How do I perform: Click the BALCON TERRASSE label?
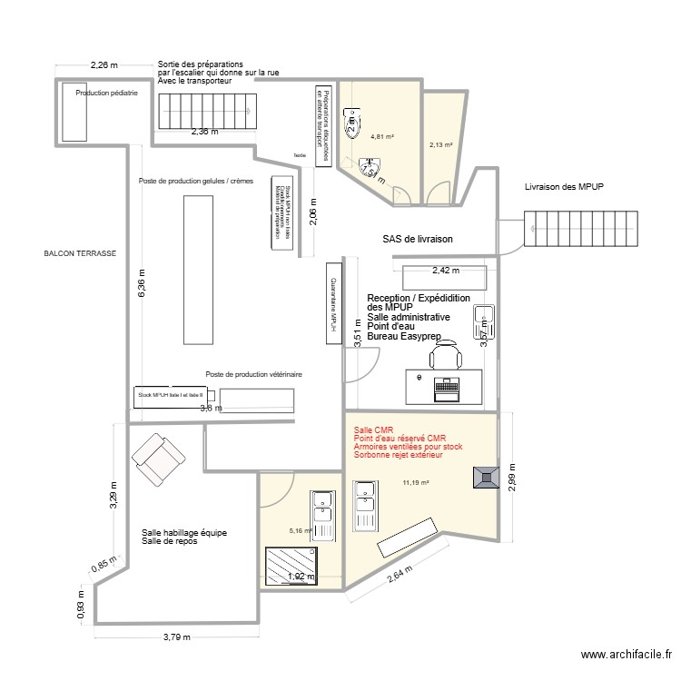coord(80,254)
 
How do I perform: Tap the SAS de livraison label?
coord(418,239)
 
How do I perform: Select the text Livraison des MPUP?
coord(564,187)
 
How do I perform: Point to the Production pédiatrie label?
coord(106,93)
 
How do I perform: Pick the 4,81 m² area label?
coord(382,137)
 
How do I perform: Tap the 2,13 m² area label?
coord(440,143)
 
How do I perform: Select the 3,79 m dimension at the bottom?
coord(178,637)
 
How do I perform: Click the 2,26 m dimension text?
coord(104,64)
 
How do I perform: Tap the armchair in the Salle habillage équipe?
coord(158,459)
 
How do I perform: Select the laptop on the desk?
coord(446,389)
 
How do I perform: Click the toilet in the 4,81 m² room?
coord(351,119)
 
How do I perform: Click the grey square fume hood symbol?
coord(484,478)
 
